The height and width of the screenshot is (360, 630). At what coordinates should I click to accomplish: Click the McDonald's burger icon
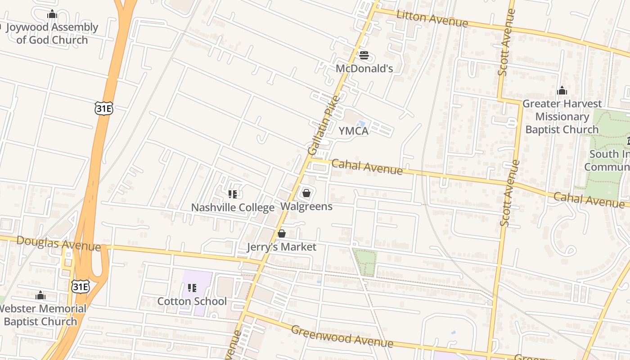[x=364, y=55]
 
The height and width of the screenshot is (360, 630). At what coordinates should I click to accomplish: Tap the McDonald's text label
[x=364, y=68]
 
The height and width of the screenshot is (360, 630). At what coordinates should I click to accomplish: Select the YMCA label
[x=353, y=131]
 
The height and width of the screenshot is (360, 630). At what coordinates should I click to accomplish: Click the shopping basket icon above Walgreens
[x=306, y=193]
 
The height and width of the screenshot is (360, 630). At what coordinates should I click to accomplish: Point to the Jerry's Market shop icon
[x=282, y=234]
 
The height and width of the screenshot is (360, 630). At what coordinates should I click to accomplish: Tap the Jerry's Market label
[x=282, y=247]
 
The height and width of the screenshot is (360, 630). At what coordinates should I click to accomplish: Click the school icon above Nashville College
[x=233, y=194]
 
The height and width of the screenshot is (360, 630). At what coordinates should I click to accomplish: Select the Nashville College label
[x=233, y=207]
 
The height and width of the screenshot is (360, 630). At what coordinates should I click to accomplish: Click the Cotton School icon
[x=192, y=288]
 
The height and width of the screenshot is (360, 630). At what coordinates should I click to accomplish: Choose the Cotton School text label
[x=192, y=301]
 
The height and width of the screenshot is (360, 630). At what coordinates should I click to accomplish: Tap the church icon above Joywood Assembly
[x=52, y=14]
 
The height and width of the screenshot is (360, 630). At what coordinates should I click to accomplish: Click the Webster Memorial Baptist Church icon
[x=40, y=295]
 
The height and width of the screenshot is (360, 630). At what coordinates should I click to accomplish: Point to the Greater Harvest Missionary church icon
[x=562, y=91]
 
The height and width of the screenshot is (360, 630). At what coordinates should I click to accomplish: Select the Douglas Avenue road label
[x=58, y=243]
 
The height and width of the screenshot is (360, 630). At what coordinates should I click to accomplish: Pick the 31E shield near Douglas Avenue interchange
[x=80, y=286]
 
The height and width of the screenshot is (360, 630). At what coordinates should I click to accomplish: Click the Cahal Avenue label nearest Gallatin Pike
[x=367, y=167]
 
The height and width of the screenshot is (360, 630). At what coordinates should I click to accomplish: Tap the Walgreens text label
[x=306, y=207]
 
